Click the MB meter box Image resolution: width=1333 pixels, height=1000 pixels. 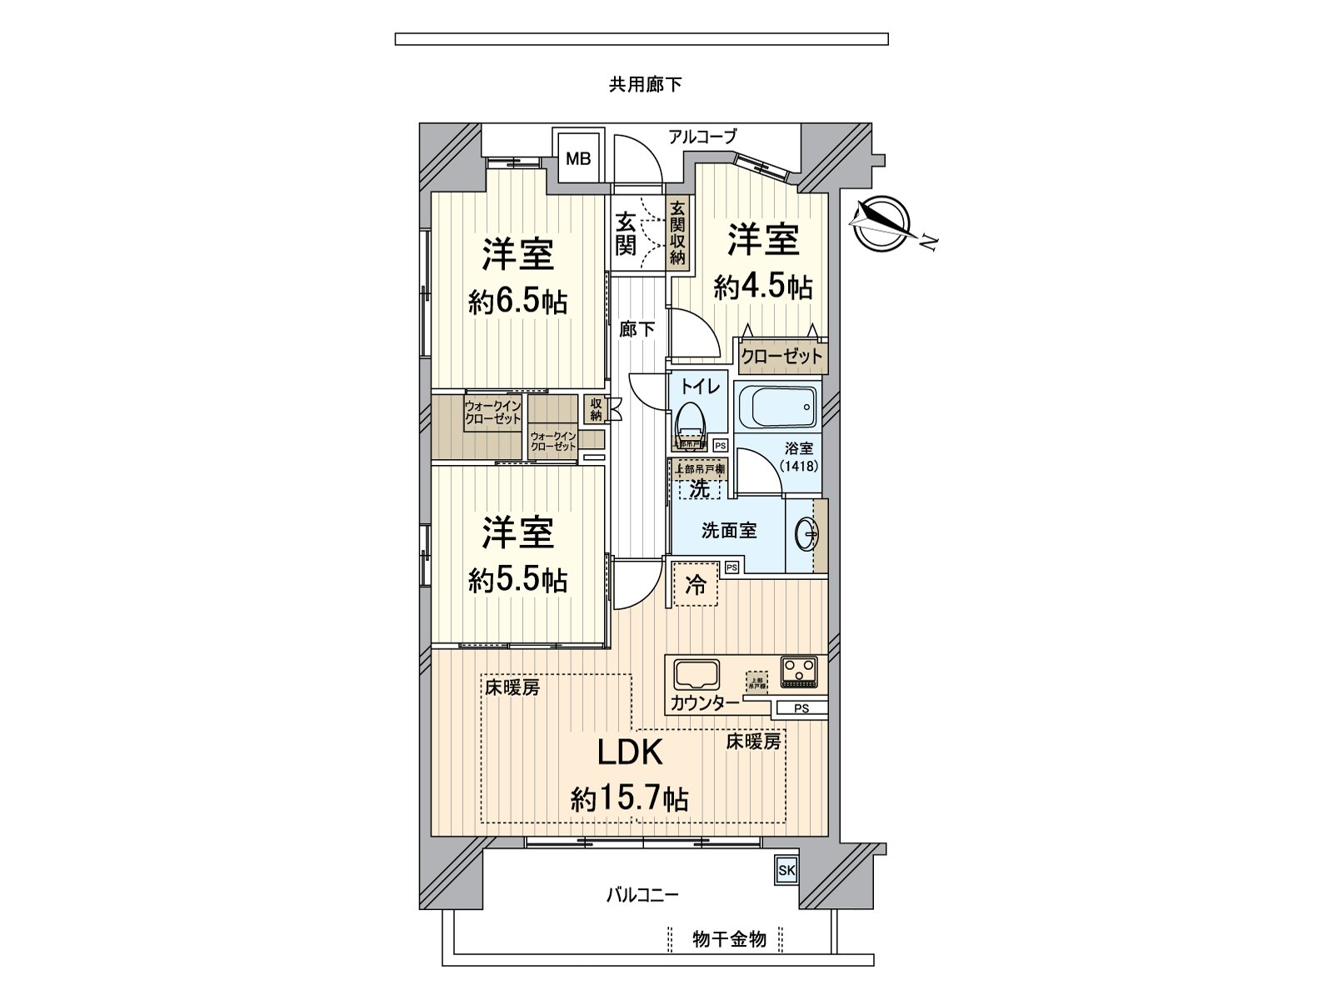click(x=578, y=157)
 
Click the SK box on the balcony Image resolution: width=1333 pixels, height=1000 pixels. click(x=786, y=871)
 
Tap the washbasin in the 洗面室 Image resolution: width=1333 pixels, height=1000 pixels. click(x=806, y=533)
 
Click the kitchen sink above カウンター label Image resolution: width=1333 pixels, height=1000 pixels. click(x=696, y=674)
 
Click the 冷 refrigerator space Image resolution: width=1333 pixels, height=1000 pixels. click(x=695, y=584)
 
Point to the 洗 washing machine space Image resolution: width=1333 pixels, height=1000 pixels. click(x=699, y=488)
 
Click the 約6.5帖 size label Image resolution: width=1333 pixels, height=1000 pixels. click(x=518, y=302)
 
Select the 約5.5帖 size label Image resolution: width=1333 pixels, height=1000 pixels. click(x=518, y=579)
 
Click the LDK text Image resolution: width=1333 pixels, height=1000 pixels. click(x=630, y=752)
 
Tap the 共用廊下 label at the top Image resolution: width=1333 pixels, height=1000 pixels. click(x=646, y=84)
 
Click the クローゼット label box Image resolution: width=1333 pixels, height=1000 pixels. click(x=781, y=357)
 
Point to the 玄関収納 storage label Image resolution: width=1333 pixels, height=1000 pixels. click(x=678, y=234)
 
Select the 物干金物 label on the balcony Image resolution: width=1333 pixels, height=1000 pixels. click(x=729, y=940)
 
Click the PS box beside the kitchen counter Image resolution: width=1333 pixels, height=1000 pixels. click(x=801, y=709)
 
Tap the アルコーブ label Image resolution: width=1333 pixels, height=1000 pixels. click(x=702, y=136)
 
